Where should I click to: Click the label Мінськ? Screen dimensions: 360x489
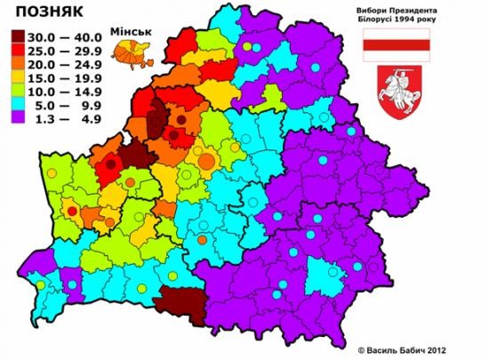129,32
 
